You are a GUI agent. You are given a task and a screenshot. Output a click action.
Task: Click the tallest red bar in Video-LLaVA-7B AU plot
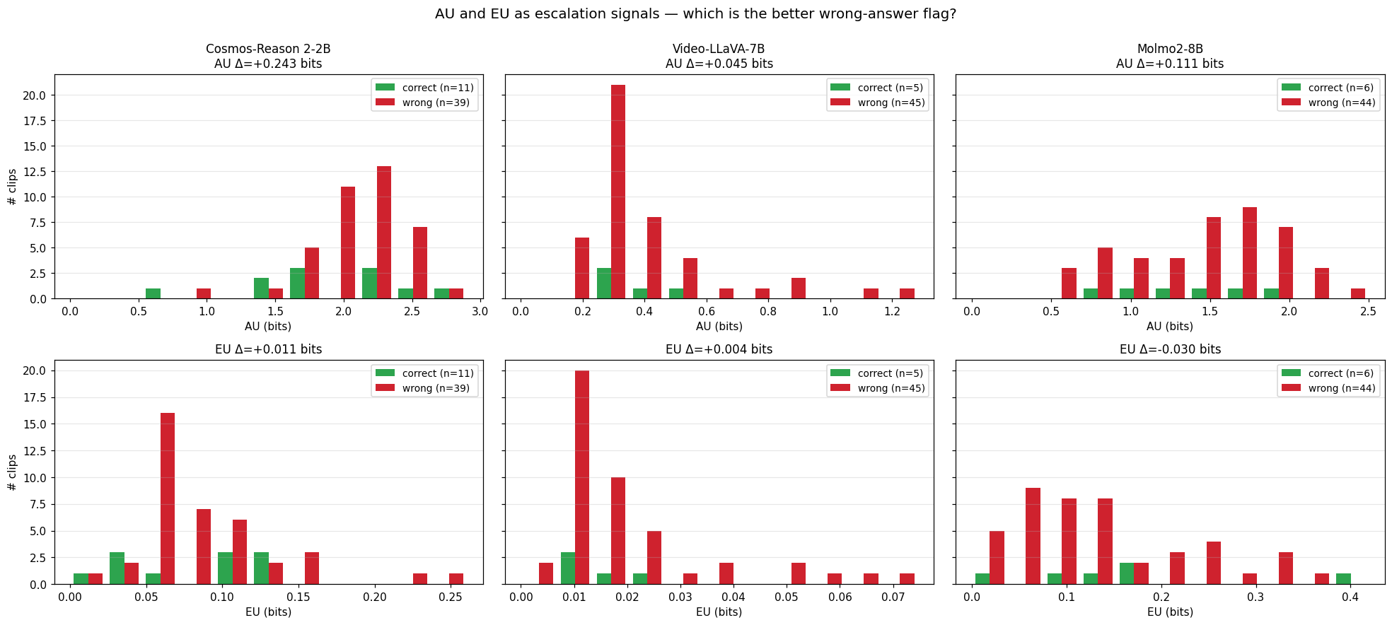click(617, 192)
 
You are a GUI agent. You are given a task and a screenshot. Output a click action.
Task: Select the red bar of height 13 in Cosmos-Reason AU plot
click(384, 233)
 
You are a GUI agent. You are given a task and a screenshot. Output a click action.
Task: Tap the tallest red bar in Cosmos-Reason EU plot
click(168, 498)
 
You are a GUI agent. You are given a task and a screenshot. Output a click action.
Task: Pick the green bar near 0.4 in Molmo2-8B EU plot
click(1343, 578)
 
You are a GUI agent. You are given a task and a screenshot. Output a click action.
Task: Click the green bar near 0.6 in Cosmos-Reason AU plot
click(153, 293)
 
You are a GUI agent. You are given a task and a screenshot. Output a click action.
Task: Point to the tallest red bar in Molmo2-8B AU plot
click(1249, 253)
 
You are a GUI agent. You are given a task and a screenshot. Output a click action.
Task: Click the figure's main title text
click(695, 14)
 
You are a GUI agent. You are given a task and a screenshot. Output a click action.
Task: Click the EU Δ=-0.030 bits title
click(1170, 349)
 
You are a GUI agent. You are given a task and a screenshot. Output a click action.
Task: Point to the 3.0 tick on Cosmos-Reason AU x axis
click(480, 312)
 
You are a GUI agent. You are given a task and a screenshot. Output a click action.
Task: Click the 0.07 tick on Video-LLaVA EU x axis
click(893, 597)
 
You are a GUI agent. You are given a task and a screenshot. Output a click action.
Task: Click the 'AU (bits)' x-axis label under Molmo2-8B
click(1170, 327)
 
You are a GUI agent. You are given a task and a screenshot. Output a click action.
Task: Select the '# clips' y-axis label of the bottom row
click(12, 472)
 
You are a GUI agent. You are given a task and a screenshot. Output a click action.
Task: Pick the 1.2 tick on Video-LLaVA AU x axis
click(892, 312)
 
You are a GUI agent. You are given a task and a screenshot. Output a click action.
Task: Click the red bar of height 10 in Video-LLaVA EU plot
click(617, 531)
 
